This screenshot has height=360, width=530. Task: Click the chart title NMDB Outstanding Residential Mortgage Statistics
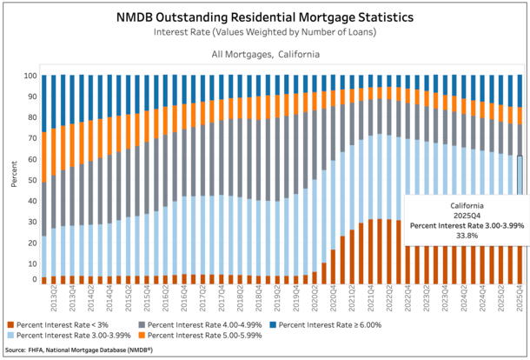tap(264, 16)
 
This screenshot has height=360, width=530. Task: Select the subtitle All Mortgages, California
tap(265, 54)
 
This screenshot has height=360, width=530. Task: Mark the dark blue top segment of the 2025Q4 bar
tap(519, 90)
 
